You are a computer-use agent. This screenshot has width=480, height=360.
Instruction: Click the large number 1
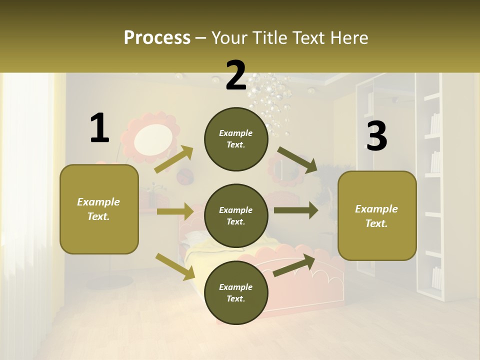[99, 128]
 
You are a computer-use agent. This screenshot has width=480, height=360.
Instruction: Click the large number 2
[236, 76]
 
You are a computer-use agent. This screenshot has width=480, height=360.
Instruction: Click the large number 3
[376, 136]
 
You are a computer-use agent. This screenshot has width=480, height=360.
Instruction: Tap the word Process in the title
[157, 37]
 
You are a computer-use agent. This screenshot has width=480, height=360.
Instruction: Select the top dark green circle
[236, 139]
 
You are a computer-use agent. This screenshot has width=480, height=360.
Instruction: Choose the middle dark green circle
[236, 216]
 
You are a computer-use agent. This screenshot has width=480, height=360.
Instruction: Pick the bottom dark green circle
[236, 293]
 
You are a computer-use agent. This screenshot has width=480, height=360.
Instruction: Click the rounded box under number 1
[99, 209]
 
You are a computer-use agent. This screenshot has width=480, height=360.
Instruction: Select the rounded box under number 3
[377, 216]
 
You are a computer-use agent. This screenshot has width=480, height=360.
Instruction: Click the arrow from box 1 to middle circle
[175, 211]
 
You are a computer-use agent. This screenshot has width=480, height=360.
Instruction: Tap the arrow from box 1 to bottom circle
[175, 266]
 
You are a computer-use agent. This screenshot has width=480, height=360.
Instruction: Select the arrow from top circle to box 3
[298, 160]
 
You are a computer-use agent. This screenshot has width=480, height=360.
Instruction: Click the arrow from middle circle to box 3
[296, 210]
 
